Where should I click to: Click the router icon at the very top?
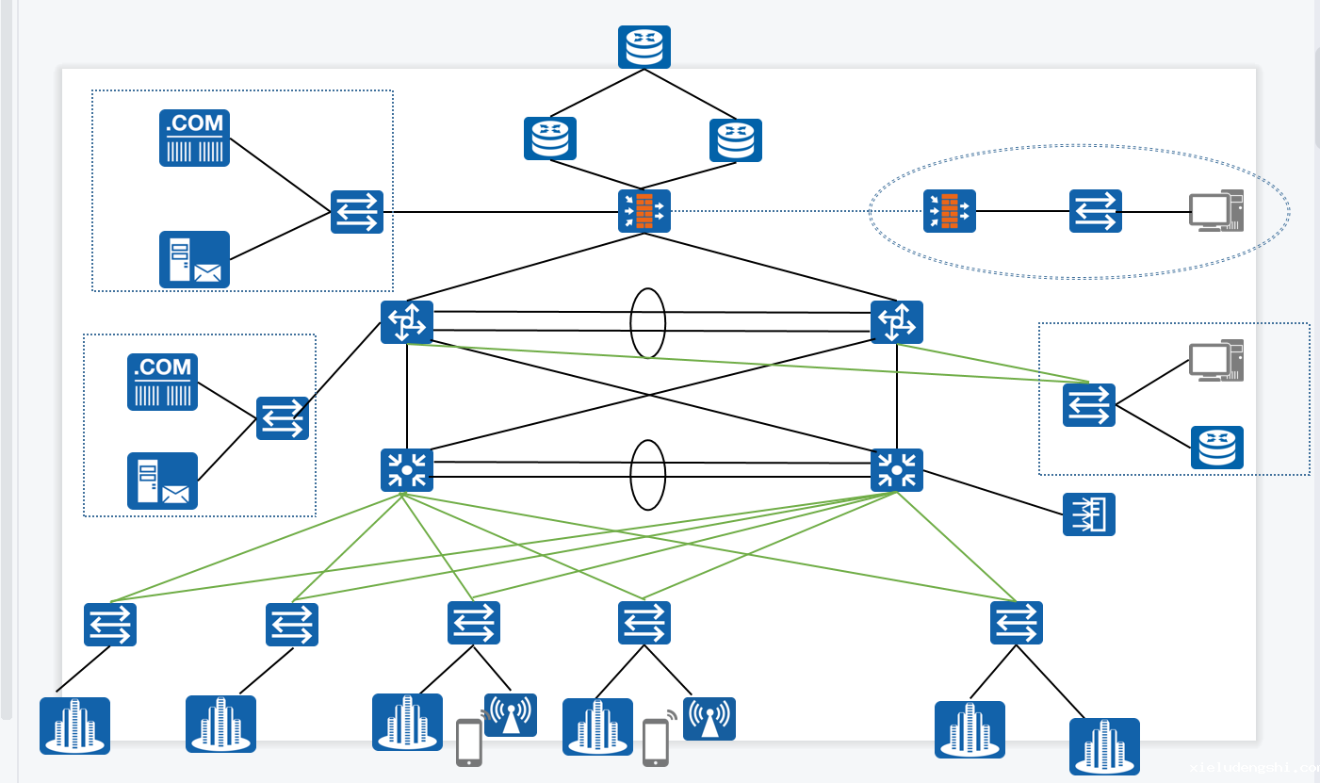click(644, 47)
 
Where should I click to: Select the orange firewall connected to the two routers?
click(644, 211)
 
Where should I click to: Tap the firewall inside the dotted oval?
click(949, 211)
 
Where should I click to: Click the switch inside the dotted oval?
click(1095, 211)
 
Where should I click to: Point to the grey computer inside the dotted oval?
click(1215, 211)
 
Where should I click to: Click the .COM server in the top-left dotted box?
click(194, 138)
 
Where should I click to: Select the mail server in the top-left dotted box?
click(194, 259)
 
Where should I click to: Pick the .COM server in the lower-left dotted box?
click(162, 382)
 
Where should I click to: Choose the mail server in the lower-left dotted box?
click(162, 481)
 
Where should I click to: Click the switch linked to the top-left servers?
click(357, 211)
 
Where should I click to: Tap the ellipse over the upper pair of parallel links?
click(648, 322)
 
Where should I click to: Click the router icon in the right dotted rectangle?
click(1216, 448)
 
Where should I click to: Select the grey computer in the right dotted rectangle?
click(1215, 361)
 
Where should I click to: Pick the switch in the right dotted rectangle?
click(1088, 405)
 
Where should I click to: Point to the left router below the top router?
click(550, 139)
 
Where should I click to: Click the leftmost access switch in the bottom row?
click(110, 624)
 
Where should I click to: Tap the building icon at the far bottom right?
click(1104, 746)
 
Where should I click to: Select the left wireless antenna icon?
click(510, 715)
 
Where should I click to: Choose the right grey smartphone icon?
click(656, 742)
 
